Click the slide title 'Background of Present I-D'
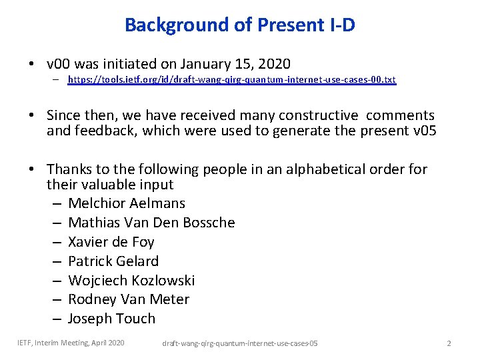pos(239,25)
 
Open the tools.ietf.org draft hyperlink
pos(231,79)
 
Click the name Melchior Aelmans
pos(127,203)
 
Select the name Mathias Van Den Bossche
pos(151,223)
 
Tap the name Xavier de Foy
pos(111,242)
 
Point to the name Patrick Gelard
pos(113,261)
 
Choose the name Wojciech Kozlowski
pos(131,280)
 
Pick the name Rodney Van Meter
pos(129,299)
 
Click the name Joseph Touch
pos(111,319)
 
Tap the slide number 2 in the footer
pos(449,343)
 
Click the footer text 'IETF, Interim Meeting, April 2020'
pos(71,343)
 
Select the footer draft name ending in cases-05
pos(240,343)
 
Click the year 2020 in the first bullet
pos(274,64)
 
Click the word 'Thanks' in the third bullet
pos(69,169)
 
